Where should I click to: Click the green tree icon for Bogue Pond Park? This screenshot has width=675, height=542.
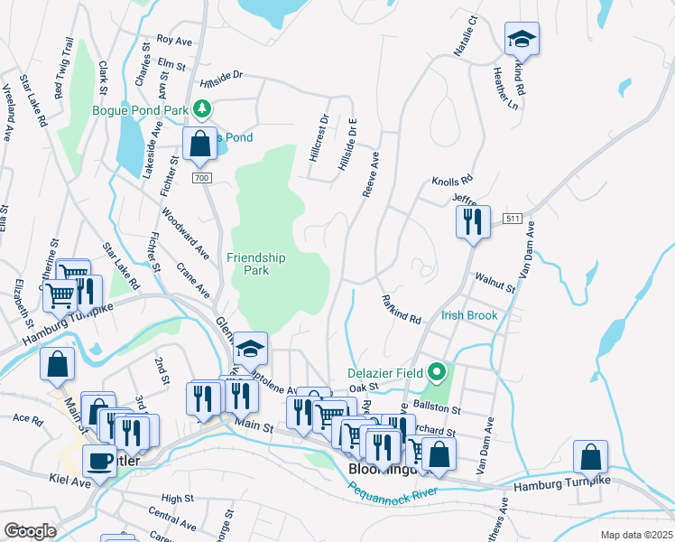pos(204,110)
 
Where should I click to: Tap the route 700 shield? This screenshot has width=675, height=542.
pos(201,179)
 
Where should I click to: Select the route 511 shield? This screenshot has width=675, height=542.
pos(513,219)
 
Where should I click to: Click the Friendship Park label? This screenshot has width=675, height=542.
pos(256,264)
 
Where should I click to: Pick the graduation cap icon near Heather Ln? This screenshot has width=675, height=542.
pos(521,39)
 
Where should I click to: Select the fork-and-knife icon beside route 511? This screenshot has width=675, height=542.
pos(473,222)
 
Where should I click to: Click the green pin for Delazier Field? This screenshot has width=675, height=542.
pos(438,371)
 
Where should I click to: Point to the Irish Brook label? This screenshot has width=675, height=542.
pos(469,316)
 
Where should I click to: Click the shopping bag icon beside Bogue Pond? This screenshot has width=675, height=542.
pos(199,143)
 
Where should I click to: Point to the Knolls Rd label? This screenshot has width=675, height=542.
pos(452,181)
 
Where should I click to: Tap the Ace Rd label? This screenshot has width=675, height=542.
pos(27,419)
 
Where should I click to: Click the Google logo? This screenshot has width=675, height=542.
pos(30,530)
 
